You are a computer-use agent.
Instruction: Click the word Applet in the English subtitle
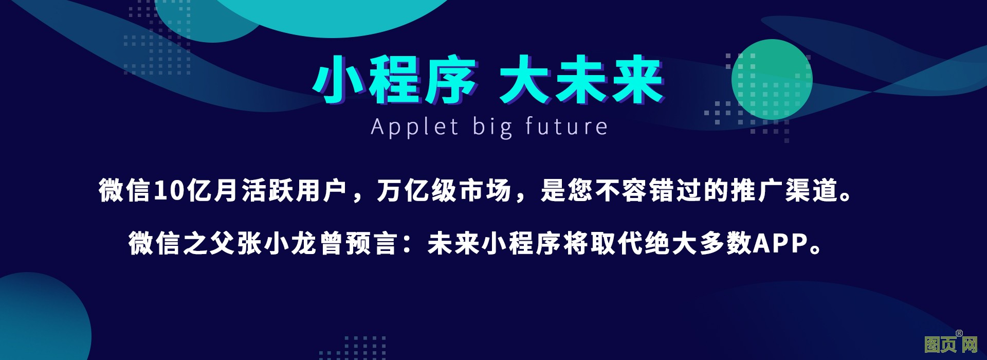(414, 127)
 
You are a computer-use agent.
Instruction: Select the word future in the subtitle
(566, 126)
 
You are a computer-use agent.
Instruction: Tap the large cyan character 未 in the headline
(581, 80)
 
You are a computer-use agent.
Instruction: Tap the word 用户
(322, 191)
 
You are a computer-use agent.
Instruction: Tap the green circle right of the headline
(772, 80)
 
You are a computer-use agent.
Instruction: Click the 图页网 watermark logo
(951, 344)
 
